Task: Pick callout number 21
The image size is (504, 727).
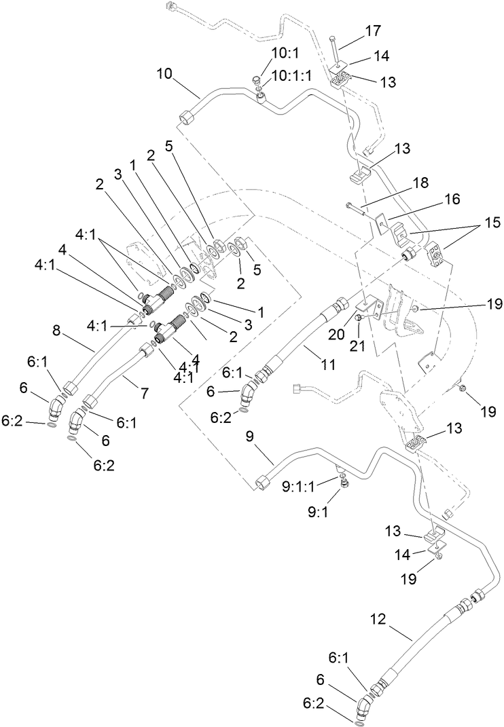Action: pyautogui.click(x=357, y=346)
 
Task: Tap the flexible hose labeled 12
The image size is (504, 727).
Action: pyautogui.click(x=416, y=645)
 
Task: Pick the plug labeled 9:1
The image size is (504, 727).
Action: pyautogui.click(x=345, y=483)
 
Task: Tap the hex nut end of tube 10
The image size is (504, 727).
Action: pyautogui.click(x=187, y=119)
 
